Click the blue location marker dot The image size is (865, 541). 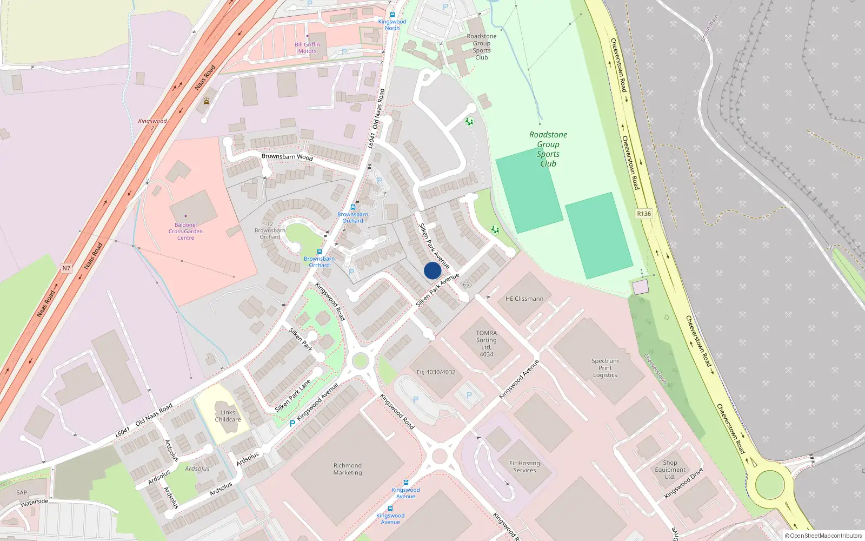pos(432,270)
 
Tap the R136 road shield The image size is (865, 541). pos(644,214)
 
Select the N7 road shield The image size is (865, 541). pos(66,268)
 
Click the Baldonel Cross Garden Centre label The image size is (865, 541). pos(185,232)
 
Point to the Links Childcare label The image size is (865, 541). pos(228,415)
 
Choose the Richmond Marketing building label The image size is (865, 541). pos(348,469)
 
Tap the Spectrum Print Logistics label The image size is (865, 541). pos(605,368)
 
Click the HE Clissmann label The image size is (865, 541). pos(524,299)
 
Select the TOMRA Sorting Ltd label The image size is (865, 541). pos(486,344)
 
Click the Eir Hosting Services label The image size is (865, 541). pos(524,467)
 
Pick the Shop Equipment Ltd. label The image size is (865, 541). pos(670,470)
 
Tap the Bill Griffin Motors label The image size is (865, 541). pos(307,48)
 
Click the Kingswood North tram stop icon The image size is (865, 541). pos(392,15)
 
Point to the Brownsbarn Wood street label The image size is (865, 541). pos(287,157)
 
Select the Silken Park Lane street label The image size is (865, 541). pos(293,396)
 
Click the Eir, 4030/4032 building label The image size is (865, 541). pos(436,372)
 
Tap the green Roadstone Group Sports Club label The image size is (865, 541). pos(548,149)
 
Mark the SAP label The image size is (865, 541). pos(22,492)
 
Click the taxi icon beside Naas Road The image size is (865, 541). pos(207,101)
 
